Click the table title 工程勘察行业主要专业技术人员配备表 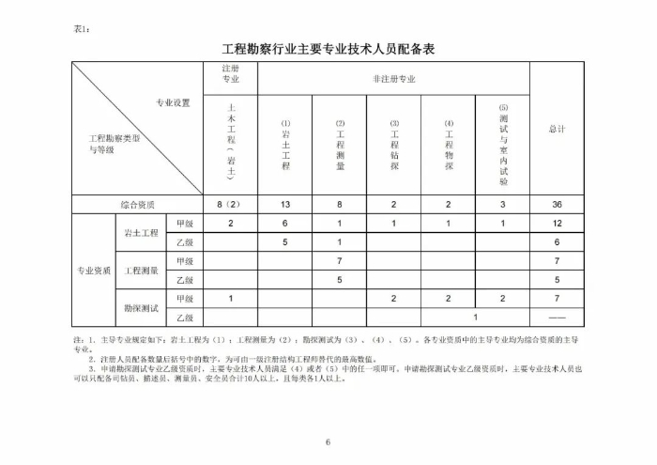[328, 47]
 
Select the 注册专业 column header [231, 75]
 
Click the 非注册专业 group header [393, 79]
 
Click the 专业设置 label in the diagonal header [173, 102]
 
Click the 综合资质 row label [137, 204]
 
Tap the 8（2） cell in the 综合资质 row [230, 204]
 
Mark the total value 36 [557, 204]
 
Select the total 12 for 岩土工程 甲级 [557, 223]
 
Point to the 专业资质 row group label [94, 271]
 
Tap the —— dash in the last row [557, 318]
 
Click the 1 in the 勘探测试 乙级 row [476, 318]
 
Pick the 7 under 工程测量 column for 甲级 [340, 261]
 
